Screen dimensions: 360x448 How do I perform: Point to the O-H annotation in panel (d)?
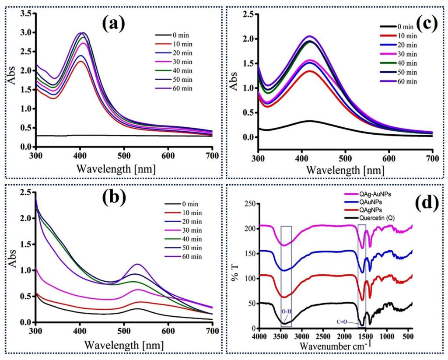click(287, 311)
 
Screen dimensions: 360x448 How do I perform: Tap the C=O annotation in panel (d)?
click(342, 322)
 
